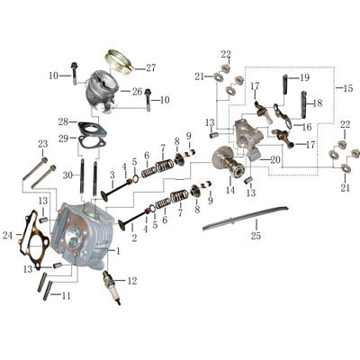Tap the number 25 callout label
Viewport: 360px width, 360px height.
[256, 237]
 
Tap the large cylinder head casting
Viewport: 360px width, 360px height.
[85, 234]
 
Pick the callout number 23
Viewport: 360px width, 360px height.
[42, 144]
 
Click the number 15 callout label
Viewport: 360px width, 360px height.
[349, 88]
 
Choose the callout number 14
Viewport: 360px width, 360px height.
[229, 191]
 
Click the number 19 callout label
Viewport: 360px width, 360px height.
[304, 77]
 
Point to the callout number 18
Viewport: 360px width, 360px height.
[316, 103]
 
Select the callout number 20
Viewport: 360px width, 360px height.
[274, 160]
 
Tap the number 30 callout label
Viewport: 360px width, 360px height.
[67, 175]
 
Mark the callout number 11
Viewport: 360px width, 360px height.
[65, 295]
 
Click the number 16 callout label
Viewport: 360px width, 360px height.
[305, 127]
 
